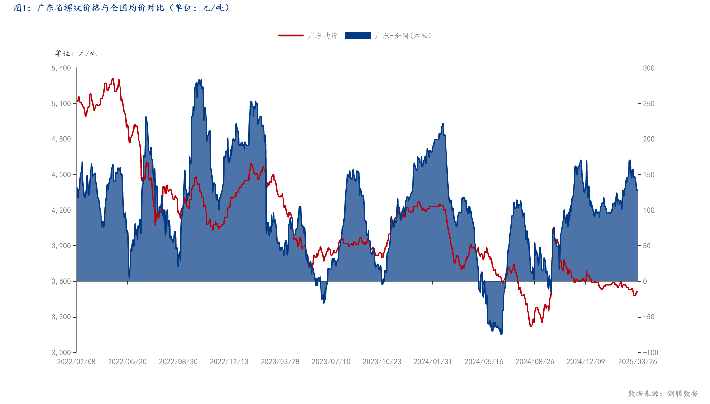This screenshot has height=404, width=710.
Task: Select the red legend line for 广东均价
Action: [291, 35]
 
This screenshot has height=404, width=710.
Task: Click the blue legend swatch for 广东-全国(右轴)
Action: [358, 35]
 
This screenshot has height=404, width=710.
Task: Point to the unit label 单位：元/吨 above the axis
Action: [76, 53]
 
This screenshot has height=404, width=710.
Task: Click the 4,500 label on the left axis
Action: [61, 175]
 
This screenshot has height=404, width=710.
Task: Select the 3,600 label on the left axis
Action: [61, 281]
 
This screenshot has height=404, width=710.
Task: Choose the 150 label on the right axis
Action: [648, 175]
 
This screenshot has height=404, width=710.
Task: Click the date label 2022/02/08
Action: [76, 362]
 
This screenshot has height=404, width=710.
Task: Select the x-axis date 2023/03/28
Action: [280, 362]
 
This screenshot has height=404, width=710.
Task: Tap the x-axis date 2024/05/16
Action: [484, 362]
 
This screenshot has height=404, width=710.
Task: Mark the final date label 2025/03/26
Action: [637, 362]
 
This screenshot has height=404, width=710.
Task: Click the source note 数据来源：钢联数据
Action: [663, 393]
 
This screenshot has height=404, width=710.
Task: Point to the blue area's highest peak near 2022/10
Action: [199, 80]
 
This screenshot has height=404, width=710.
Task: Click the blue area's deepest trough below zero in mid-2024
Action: [501, 334]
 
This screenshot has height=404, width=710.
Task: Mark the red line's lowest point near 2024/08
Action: [531, 326]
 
